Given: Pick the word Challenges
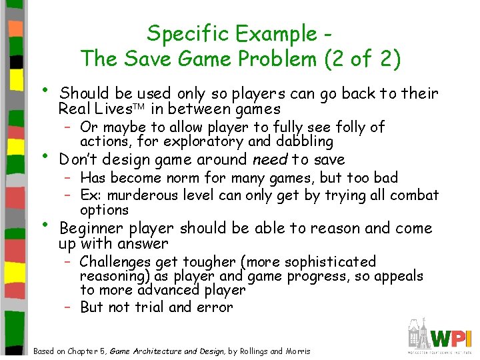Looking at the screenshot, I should point(117,262).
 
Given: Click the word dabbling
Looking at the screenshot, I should point(304,141).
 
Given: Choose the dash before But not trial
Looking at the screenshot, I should point(68,307).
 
